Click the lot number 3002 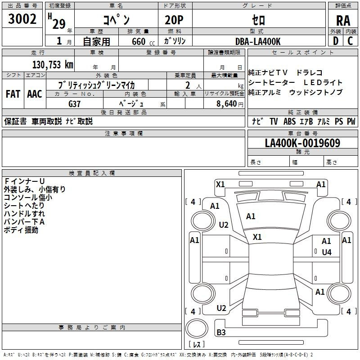click(22, 19)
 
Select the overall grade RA click(343, 21)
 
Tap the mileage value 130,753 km click(53, 65)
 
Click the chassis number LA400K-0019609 click(302, 143)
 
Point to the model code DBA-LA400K click(258, 41)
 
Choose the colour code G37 click(74, 104)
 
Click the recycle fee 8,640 click(227, 104)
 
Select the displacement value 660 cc click(143, 42)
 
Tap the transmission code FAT click(13, 94)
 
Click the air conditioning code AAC click(35, 94)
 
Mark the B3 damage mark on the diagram click(221, 332)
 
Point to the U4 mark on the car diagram click(327, 252)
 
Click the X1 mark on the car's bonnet click(257, 237)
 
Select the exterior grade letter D click(336, 41)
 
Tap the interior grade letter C click(350, 41)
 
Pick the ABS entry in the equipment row click(289, 121)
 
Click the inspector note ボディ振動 click(21, 230)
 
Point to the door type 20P click(174, 20)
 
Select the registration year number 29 click(59, 24)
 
